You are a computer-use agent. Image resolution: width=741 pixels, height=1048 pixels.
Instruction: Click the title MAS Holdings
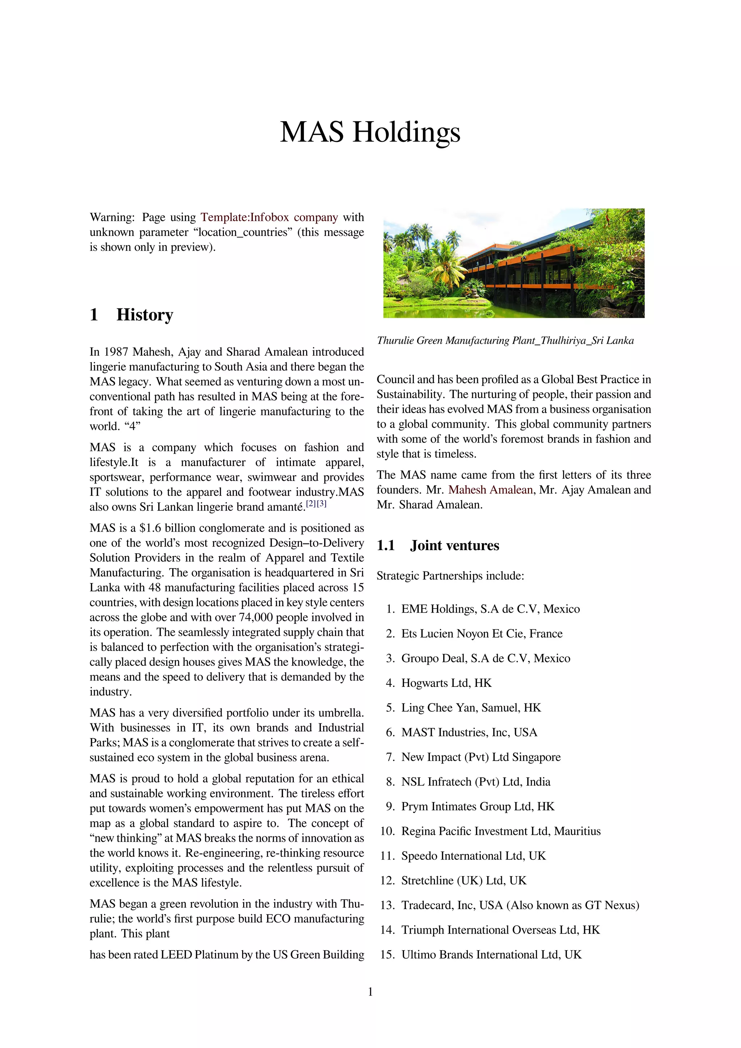coord(370,132)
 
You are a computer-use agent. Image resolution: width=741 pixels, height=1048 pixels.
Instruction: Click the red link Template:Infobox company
coord(269,217)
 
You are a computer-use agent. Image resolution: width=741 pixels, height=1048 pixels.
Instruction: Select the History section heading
coord(144,315)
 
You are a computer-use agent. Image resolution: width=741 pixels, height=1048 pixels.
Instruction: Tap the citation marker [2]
coord(311,503)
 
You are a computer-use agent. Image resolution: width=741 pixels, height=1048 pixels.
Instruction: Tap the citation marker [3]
coord(322,503)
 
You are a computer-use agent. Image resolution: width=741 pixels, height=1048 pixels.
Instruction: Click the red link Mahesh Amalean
coord(491,490)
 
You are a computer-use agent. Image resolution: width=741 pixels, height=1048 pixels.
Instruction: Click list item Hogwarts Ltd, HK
coord(446,683)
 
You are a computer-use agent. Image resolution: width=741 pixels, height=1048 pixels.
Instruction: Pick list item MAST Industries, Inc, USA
coord(469,732)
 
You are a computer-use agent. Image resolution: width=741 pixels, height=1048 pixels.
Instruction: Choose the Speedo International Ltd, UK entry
coord(473,856)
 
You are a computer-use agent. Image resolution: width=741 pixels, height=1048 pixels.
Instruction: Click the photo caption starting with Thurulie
coord(505,341)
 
